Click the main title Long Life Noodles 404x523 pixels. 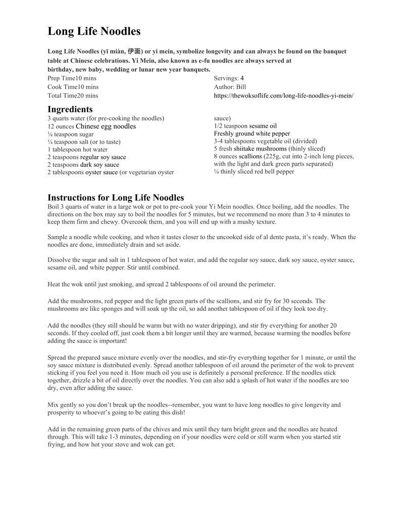[94, 31]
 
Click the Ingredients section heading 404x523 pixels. [70, 109]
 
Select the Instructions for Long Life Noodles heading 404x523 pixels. [116, 197]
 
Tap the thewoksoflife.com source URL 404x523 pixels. [283, 96]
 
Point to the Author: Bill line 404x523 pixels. [230, 87]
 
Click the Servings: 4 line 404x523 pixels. [229, 78]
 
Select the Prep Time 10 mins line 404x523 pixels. [72, 78]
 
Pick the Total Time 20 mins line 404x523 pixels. [73, 96]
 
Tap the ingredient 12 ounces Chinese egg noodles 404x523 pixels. [91, 126]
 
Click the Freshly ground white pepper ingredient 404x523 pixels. [252, 133]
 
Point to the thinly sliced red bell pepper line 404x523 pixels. [254, 171]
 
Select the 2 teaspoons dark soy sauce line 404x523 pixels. [83, 165]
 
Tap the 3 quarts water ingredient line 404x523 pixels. [106, 118]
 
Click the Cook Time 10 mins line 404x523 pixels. [73, 87]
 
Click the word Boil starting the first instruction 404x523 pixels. [53, 207]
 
